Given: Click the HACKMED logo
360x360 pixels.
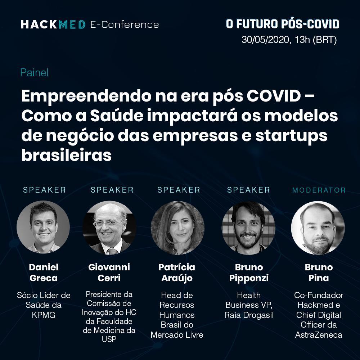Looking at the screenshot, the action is (53, 24).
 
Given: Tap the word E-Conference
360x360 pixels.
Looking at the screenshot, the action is (125, 24).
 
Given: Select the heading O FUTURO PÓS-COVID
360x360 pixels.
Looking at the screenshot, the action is (283, 24).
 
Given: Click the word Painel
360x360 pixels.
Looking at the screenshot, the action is (35, 73).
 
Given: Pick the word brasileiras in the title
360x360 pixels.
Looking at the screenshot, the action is (67, 156).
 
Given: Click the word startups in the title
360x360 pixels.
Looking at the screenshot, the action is (291, 136).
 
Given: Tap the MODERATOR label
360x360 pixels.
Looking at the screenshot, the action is (319, 190).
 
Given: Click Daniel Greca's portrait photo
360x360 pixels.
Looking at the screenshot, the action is (43, 227).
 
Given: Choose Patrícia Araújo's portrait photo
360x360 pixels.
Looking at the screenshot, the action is (177, 228).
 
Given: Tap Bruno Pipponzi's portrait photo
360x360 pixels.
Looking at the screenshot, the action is (248, 228).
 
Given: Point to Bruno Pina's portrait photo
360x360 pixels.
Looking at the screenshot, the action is (318, 228).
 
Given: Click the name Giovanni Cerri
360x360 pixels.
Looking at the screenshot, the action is (109, 273).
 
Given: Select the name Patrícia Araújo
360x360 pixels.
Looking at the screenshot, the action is (177, 273).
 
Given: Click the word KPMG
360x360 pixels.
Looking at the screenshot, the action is (44, 315).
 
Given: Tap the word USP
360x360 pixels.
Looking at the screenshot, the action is (109, 339).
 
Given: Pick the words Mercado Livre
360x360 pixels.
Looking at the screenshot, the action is (177, 335).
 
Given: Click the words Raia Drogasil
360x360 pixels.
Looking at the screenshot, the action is (249, 315).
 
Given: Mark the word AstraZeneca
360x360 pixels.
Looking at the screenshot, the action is (319, 335).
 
